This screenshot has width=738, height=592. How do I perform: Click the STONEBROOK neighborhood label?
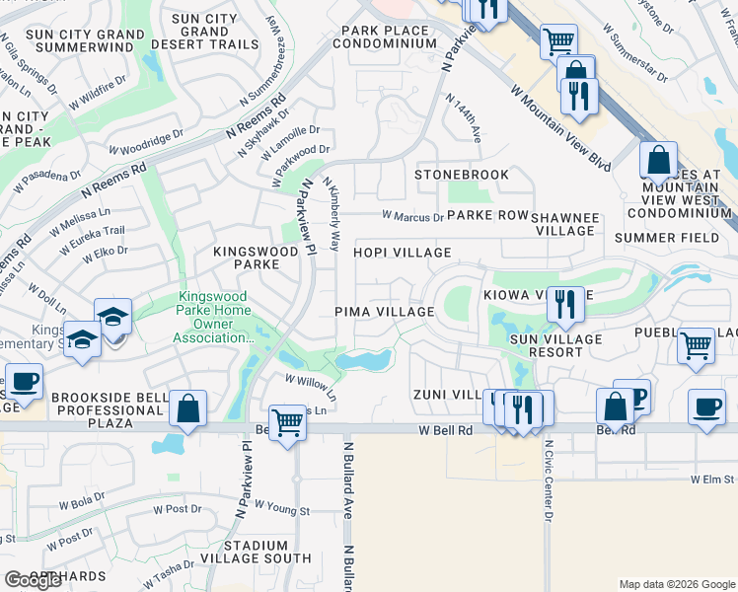(x=462, y=175)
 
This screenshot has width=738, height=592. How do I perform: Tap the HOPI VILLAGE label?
(x=403, y=254)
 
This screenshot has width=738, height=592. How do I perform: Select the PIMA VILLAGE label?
(x=384, y=312)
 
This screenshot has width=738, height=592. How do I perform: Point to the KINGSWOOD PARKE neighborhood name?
(x=257, y=259)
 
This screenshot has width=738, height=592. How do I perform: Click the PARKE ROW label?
(x=488, y=215)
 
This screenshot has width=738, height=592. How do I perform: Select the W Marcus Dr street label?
(x=412, y=216)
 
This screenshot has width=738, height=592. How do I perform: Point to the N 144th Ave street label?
(x=463, y=118)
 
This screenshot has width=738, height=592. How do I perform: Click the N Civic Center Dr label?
(x=549, y=481)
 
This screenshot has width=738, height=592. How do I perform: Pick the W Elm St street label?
(x=712, y=479)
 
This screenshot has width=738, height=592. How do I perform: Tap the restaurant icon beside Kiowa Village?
(x=564, y=302)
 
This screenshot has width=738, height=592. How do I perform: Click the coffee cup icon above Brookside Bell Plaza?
(x=23, y=380)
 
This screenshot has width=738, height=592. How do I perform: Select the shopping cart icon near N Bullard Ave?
(x=287, y=422)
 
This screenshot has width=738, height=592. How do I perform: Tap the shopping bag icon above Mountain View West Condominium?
(x=658, y=159)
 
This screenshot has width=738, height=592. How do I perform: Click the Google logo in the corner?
(x=33, y=580)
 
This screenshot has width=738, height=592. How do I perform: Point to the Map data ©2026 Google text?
(x=676, y=583)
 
